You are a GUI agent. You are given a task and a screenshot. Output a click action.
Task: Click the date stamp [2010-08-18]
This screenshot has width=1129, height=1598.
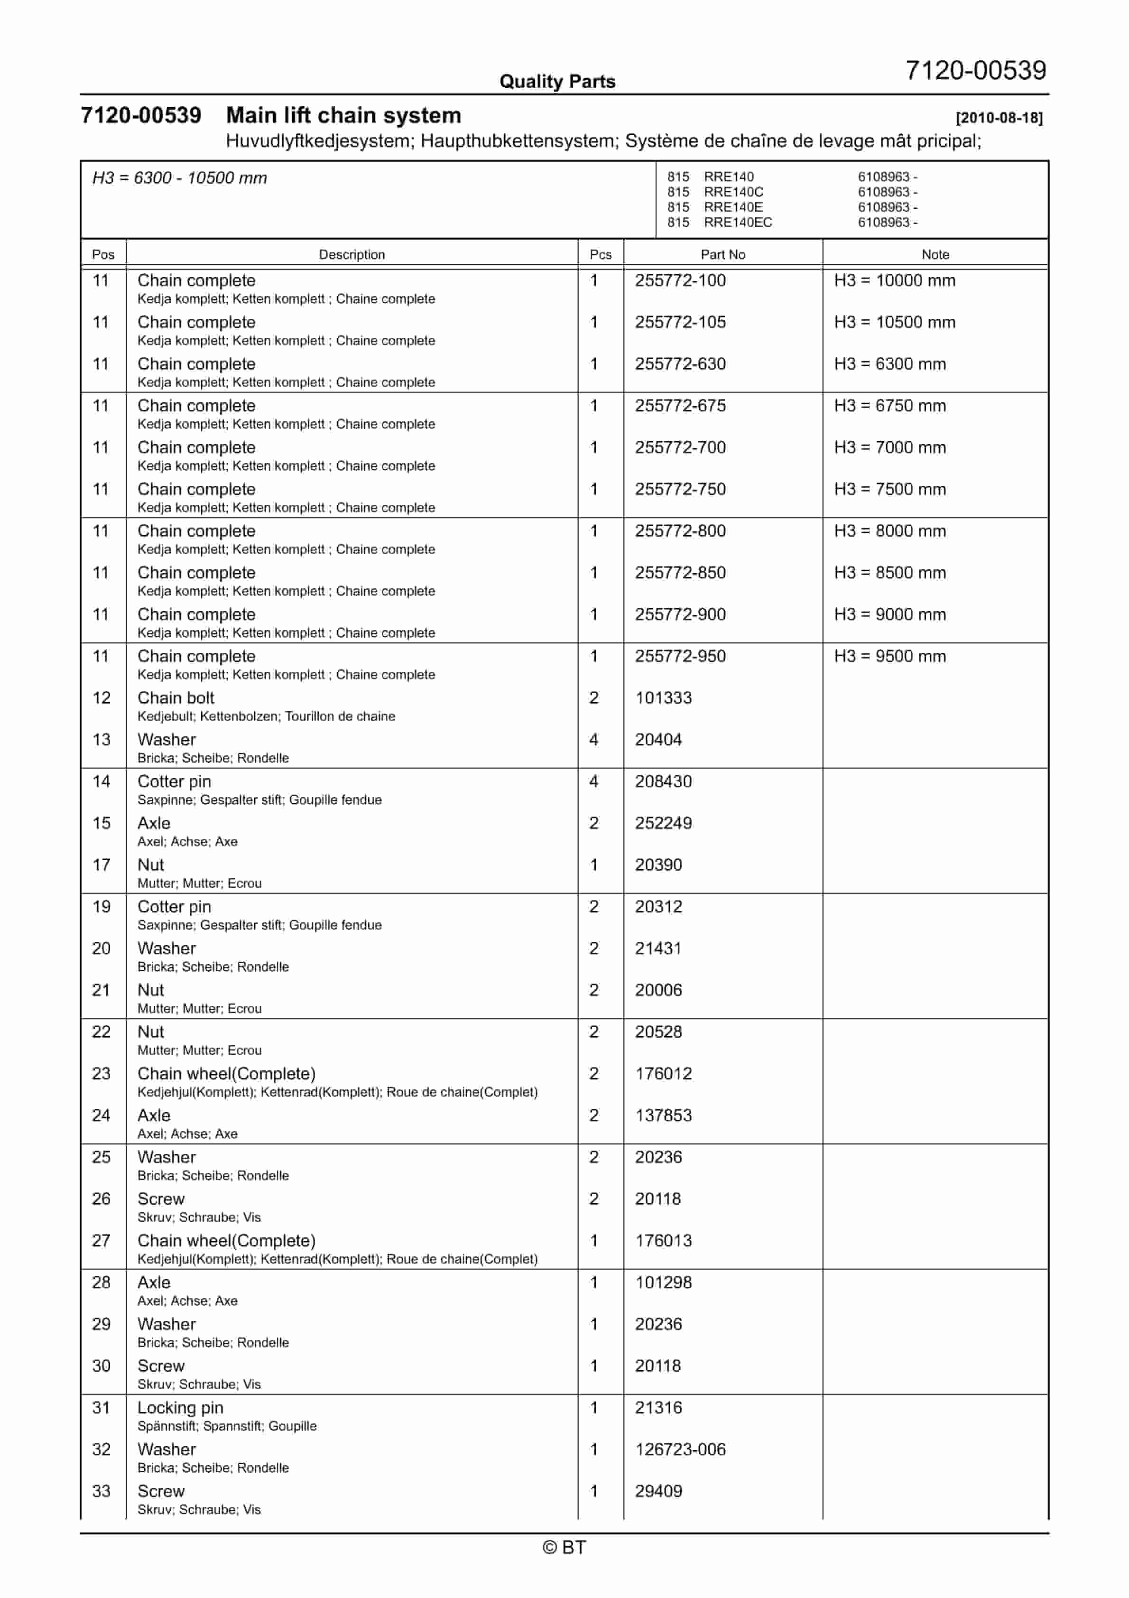999,118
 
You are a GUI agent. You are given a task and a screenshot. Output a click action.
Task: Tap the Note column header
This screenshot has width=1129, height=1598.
935,255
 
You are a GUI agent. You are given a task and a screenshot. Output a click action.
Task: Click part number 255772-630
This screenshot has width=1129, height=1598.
680,364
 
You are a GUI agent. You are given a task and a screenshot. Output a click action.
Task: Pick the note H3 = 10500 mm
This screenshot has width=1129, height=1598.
895,322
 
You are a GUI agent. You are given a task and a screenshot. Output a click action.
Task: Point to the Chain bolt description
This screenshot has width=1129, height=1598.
176,698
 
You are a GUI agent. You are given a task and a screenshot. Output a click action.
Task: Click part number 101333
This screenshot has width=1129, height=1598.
663,698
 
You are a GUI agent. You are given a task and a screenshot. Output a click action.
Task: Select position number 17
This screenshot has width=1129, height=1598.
102,865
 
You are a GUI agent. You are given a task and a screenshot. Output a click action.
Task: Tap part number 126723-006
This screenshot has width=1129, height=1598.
680,1450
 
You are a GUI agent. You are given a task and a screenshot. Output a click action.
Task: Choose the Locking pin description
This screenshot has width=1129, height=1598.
180,1408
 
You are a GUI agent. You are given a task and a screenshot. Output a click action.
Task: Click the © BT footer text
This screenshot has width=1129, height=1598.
564,1547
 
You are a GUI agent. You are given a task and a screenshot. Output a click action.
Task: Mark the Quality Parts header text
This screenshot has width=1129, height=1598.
557,82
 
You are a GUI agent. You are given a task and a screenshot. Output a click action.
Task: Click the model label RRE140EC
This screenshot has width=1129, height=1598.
738,223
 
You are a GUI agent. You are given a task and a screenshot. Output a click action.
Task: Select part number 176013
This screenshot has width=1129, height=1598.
663,1241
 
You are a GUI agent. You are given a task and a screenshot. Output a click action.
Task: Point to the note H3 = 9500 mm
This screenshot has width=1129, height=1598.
889,656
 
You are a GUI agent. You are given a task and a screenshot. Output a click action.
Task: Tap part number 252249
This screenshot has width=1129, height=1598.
663,823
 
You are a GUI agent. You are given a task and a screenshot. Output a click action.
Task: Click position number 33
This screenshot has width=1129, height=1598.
102,1492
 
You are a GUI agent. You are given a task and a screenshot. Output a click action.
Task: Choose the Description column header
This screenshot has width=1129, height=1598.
352,255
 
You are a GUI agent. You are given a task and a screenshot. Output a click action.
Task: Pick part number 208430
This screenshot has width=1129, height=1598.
663,781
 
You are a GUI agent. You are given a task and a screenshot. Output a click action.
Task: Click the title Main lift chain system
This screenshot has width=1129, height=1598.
343,116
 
